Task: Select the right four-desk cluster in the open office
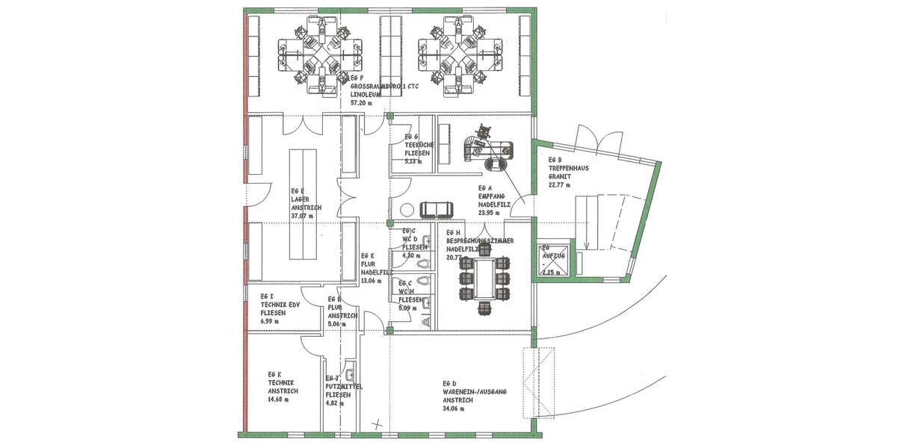click(x=455, y=56)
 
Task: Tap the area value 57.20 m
click(x=362, y=102)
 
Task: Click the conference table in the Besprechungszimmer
click(x=485, y=278)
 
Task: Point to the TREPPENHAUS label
click(x=569, y=168)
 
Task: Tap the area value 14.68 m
click(x=277, y=399)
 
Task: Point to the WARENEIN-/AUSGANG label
click(x=475, y=392)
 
